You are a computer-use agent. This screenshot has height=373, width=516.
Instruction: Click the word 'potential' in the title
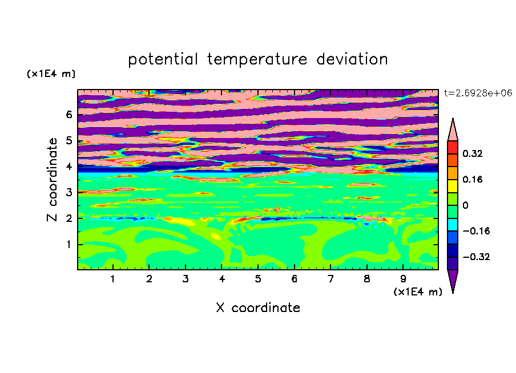(x=163, y=59)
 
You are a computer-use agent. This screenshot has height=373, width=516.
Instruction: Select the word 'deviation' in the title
(x=352, y=59)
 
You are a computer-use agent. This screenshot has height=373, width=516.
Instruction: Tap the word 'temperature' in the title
(x=257, y=59)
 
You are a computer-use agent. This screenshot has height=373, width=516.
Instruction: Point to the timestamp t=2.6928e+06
(x=478, y=93)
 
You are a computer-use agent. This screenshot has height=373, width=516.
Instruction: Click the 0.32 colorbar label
(x=472, y=153)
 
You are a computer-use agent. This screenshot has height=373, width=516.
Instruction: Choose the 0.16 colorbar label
(x=472, y=179)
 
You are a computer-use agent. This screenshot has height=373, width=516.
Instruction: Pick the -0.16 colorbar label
(x=476, y=231)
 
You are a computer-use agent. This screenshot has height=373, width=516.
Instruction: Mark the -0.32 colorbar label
(x=476, y=257)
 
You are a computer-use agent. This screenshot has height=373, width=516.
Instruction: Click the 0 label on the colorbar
(x=465, y=205)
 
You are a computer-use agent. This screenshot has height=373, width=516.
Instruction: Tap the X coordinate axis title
(x=258, y=307)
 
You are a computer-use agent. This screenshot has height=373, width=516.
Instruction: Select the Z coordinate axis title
(x=52, y=180)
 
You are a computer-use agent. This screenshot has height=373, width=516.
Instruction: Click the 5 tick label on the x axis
(x=258, y=279)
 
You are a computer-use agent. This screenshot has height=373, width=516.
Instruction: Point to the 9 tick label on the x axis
(x=403, y=279)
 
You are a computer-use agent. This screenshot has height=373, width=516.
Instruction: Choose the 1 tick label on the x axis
(x=113, y=279)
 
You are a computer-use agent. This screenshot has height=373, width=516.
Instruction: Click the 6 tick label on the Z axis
(x=68, y=115)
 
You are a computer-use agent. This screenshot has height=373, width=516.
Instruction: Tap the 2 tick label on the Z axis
(x=68, y=218)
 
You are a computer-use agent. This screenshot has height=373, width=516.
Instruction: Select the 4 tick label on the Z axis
(x=68, y=167)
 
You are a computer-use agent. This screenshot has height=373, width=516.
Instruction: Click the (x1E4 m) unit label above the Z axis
(x=51, y=74)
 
